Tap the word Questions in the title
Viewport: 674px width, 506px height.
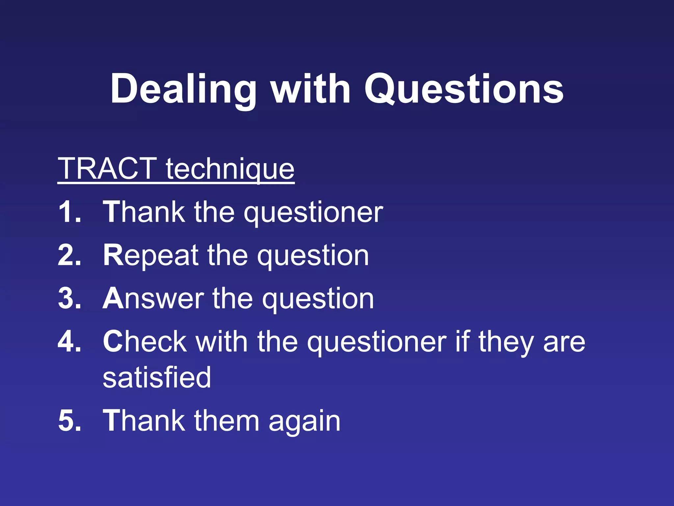pos(464,90)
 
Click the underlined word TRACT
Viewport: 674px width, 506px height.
pos(107,169)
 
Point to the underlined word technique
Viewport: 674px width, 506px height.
pos(230,169)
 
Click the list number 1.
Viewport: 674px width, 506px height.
pos(69,212)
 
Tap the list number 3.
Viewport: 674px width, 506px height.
pos(69,298)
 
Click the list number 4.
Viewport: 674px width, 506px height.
pos(69,342)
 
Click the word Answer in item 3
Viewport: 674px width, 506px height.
pos(153,298)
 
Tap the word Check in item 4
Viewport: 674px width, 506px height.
pos(145,342)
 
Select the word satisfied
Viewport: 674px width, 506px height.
pos(157,378)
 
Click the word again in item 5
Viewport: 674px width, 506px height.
pos(304,422)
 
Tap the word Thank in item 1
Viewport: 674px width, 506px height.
pos(144,212)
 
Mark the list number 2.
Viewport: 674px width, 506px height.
pos(69,256)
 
